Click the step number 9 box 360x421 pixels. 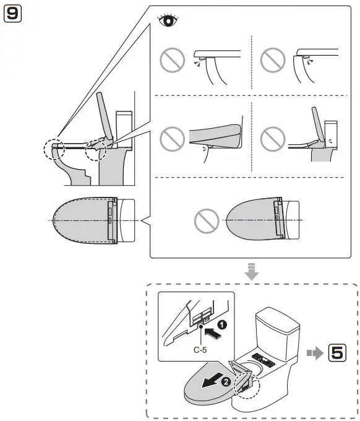coord(12,14)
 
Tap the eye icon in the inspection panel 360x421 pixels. coord(168,20)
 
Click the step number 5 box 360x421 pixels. coord(337,352)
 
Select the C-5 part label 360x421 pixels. coord(200,350)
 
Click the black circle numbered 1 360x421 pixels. coord(222,324)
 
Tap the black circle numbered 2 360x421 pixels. coord(226,382)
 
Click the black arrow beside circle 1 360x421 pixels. coord(213,333)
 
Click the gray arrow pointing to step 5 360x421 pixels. coord(315,352)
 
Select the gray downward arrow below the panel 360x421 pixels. coord(252,271)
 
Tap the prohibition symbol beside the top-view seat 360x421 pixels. coord(207,221)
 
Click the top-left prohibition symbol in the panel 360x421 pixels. coord(172,60)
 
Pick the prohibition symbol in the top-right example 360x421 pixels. coord(273,60)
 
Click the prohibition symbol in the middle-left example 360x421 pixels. coord(172,139)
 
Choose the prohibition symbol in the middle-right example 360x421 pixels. coord(273,139)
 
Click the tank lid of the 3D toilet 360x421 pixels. coord(278,320)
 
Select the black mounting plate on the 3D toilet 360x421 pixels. coord(263,360)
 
